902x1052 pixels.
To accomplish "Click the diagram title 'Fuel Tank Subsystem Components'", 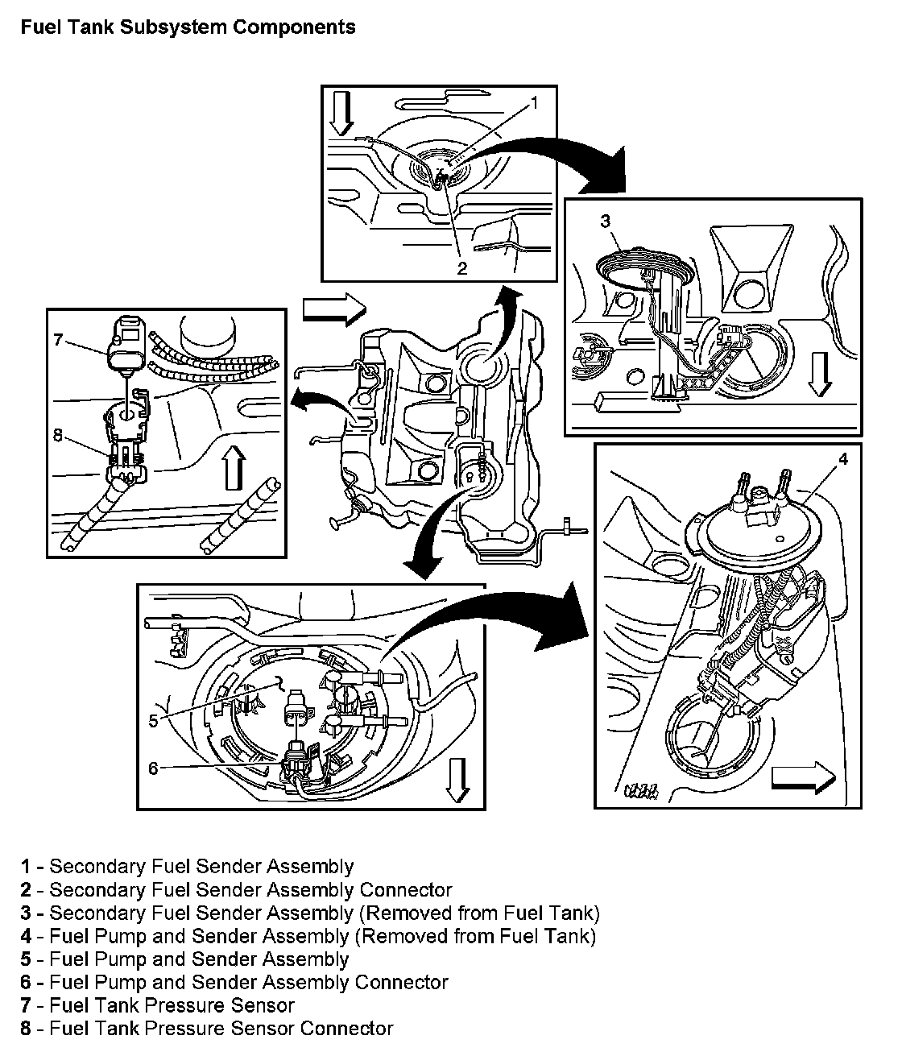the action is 188,27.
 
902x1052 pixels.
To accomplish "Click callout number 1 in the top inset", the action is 534,103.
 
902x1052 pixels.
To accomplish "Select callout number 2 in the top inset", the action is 462,268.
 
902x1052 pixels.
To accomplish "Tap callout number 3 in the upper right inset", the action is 606,221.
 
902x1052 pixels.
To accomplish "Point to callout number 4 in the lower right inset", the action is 843,459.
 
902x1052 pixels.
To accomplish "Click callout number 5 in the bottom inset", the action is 153,721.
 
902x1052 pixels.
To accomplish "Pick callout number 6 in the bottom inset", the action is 153,768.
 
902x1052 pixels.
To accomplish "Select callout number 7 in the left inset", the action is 58,339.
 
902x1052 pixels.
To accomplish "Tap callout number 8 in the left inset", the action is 58,435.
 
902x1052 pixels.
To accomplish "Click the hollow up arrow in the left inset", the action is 234,468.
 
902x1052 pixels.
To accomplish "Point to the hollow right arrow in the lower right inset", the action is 803,778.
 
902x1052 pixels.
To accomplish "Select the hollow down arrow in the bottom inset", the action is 457,781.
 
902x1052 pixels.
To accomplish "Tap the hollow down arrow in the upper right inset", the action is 820,375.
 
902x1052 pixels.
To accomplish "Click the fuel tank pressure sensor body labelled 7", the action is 126,343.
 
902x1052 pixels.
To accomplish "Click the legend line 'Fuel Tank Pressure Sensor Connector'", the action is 206,1028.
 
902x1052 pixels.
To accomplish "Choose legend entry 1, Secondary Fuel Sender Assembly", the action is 187,866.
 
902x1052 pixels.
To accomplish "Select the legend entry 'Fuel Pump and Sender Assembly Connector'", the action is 234,982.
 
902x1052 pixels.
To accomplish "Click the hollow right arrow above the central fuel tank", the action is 334,309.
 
